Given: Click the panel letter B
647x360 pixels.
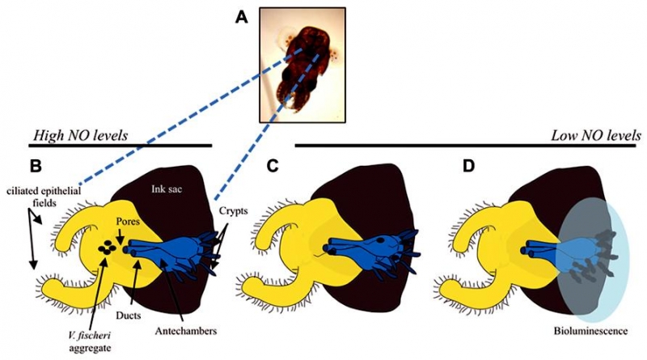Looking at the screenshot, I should pyautogui.click(x=36, y=166).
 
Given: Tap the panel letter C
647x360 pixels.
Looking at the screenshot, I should pyautogui.click(x=273, y=166).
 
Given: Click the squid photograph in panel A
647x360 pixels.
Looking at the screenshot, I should pyautogui.click(x=302, y=65).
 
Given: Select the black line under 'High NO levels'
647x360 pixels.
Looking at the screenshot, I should pyautogui.click(x=121, y=146).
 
